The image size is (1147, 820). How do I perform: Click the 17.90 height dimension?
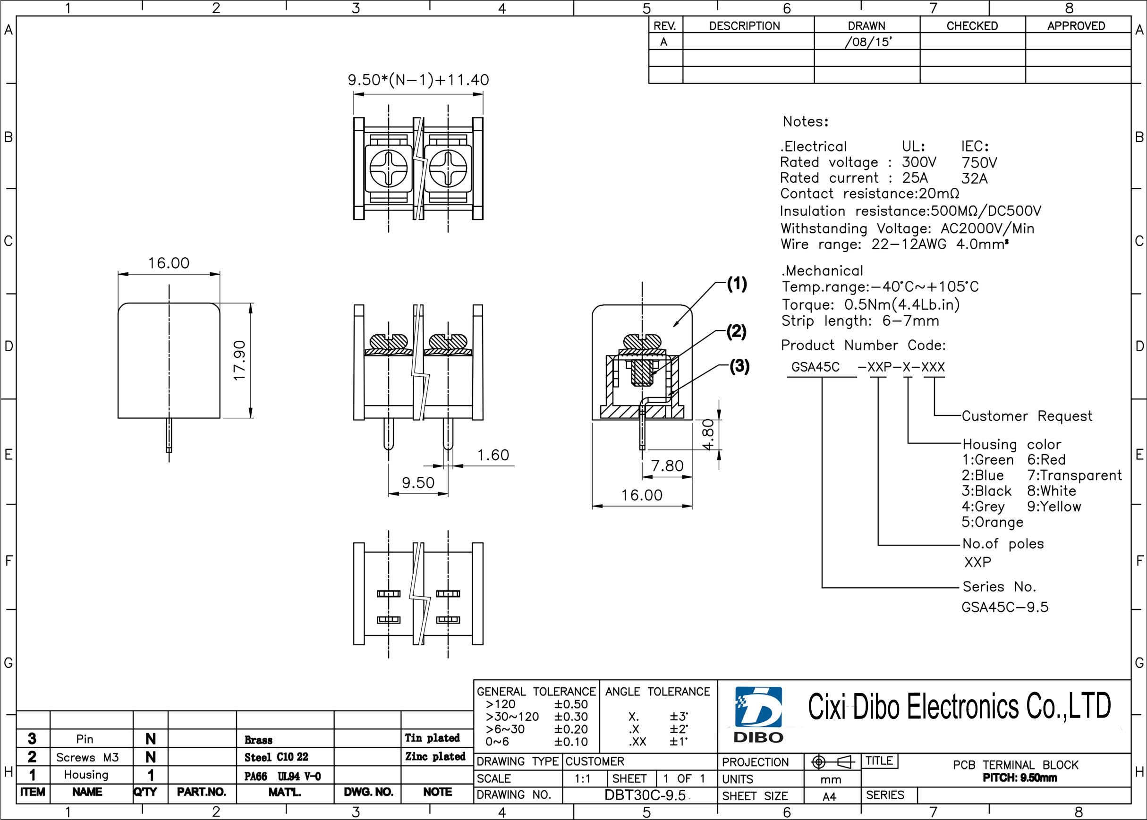pyautogui.click(x=239, y=361)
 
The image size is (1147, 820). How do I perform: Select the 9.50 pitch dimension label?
pyautogui.click(x=418, y=483)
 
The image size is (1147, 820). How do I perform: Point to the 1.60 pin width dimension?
pyautogui.click(x=493, y=455)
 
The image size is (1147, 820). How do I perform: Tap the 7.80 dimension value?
pyautogui.click(x=667, y=465)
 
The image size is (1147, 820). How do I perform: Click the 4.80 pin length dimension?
pyautogui.click(x=709, y=434)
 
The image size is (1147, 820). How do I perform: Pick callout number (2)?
pyautogui.click(x=736, y=332)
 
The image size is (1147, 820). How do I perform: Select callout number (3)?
pyautogui.click(x=739, y=366)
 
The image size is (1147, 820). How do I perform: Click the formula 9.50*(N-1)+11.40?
pyautogui.click(x=418, y=80)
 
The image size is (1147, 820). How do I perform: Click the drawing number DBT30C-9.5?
pyautogui.click(x=645, y=795)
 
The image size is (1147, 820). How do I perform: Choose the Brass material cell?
pyautogui.click(x=259, y=740)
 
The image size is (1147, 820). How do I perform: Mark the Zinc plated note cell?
pyautogui.click(x=435, y=756)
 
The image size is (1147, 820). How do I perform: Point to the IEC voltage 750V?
pyautogui.click(x=979, y=162)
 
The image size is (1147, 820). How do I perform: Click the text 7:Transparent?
pyautogui.click(x=1074, y=475)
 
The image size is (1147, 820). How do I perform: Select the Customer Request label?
pyautogui.click(x=1027, y=416)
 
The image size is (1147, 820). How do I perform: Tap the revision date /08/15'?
pyautogui.click(x=868, y=42)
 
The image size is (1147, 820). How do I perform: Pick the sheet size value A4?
pyautogui.click(x=829, y=797)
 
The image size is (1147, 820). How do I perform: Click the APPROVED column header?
pyautogui.click(x=1076, y=26)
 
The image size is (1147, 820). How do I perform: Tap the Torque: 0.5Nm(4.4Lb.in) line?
pyautogui.click(x=871, y=304)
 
